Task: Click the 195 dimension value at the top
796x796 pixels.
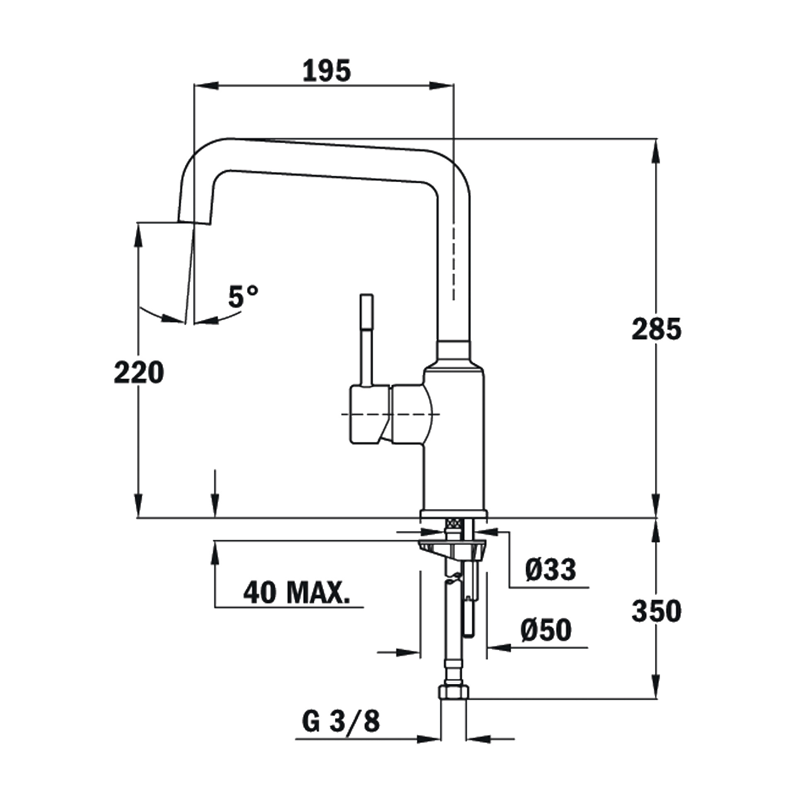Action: click(x=326, y=71)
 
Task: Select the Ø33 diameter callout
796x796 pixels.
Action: click(x=550, y=570)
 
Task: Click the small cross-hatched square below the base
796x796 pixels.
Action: click(x=453, y=524)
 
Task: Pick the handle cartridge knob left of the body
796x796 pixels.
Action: click(x=370, y=415)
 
